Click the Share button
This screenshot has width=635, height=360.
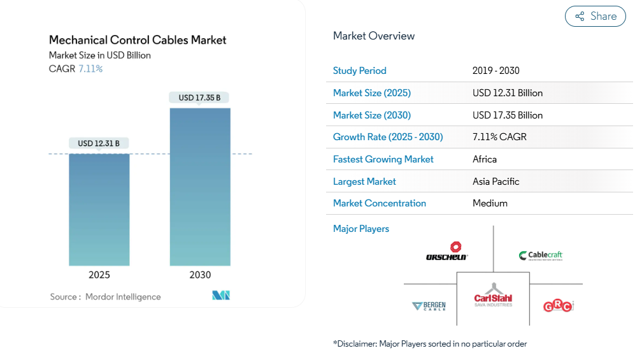pyautogui.click(x=596, y=17)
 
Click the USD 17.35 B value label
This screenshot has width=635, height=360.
pyautogui.click(x=199, y=97)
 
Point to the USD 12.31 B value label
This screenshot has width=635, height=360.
pyautogui.click(x=99, y=143)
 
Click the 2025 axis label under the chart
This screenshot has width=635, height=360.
pyautogui.click(x=99, y=275)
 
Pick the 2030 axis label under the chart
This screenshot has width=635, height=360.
pyautogui.click(x=200, y=275)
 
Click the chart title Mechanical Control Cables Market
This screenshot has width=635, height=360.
pyautogui.click(x=138, y=40)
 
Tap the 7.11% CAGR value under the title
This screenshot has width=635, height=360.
pyautogui.click(x=90, y=69)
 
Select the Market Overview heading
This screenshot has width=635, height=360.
pyautogui.click(x=374, y=36)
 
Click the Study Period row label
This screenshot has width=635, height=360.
pyautogui.click(x=360, y=71)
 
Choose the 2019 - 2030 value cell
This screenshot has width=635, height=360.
pyautogui.click(x=496, y=71)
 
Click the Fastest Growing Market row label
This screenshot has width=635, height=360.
pyautogui.click(x=383, y=159)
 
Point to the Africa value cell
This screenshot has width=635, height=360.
pyautogui.click(x=485, y=159)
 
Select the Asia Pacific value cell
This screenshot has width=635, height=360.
pyautogui.click(x=496, y=182)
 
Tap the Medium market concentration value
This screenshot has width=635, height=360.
pyautogui.click(x=490, y=203)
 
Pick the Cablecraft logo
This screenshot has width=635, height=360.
pyautogui.click(x=541, y=256)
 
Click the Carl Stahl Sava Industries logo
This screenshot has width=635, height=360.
pyautogui.click(x=493, y=295)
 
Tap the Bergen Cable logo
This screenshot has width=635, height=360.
pyautogui.click(x=429, y=306)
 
